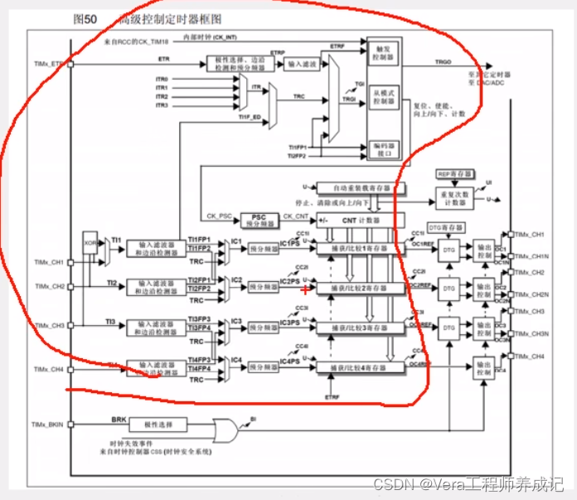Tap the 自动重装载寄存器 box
pyautogui.click(x=351, y=188)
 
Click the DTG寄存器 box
pyautogui.click(x=446, y=227)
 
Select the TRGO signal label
pyautogui.click(x=444, y=62)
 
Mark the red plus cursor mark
pyautogui.click(x=306, y=289)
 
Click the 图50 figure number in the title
pyautogui.click(x=86, y=17)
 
